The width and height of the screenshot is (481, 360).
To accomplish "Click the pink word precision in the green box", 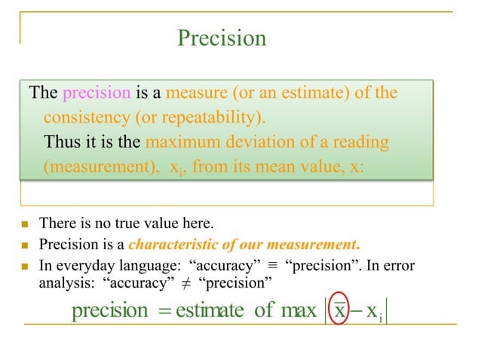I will [97, 93].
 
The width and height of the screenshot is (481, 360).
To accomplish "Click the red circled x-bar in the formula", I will [341, 310].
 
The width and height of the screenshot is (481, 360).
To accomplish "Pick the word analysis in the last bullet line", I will [66, 284].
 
